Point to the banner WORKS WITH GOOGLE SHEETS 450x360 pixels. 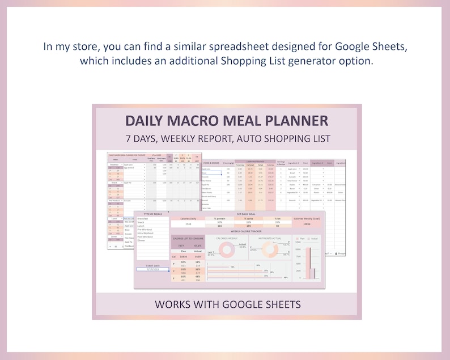point(227,304)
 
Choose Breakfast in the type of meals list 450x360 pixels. point(143,218)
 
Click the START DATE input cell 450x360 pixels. point(152,269)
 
